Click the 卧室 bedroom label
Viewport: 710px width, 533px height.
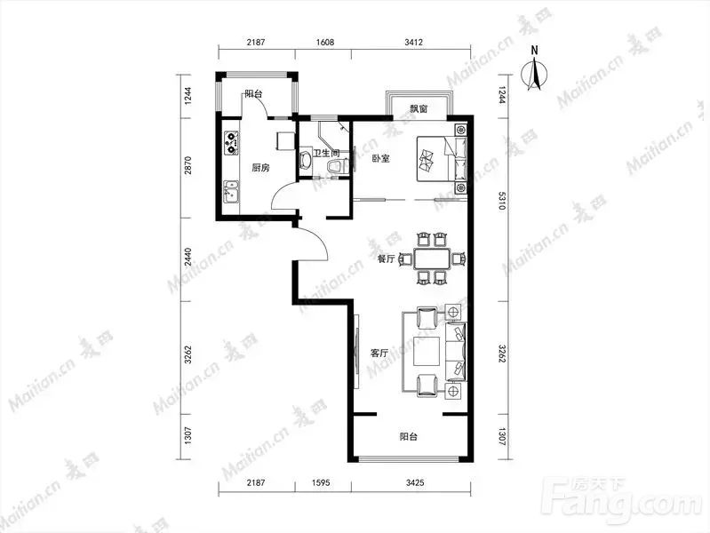coord(380,158)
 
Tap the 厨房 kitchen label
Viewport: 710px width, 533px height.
coord(260,168)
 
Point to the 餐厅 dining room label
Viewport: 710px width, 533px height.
coord(387,259)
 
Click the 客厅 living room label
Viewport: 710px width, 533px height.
coord(379,353)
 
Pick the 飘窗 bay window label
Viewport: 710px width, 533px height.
coord(419,108)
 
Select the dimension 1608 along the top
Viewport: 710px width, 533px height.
coord(325,42)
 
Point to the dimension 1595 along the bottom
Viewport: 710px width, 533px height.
coord(321,482)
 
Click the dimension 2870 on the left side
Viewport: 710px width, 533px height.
coord(188,165)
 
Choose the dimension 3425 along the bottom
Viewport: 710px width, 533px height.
coord(415,482)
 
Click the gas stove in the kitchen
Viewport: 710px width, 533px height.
coord(231,142)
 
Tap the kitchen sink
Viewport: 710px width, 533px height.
coord(231,191)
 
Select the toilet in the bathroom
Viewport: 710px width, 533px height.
coord(334,166)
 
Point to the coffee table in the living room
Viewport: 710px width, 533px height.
coord(427,352)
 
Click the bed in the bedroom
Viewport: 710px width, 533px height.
coord(441,159)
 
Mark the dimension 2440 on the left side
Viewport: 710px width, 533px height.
coord(188,259)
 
